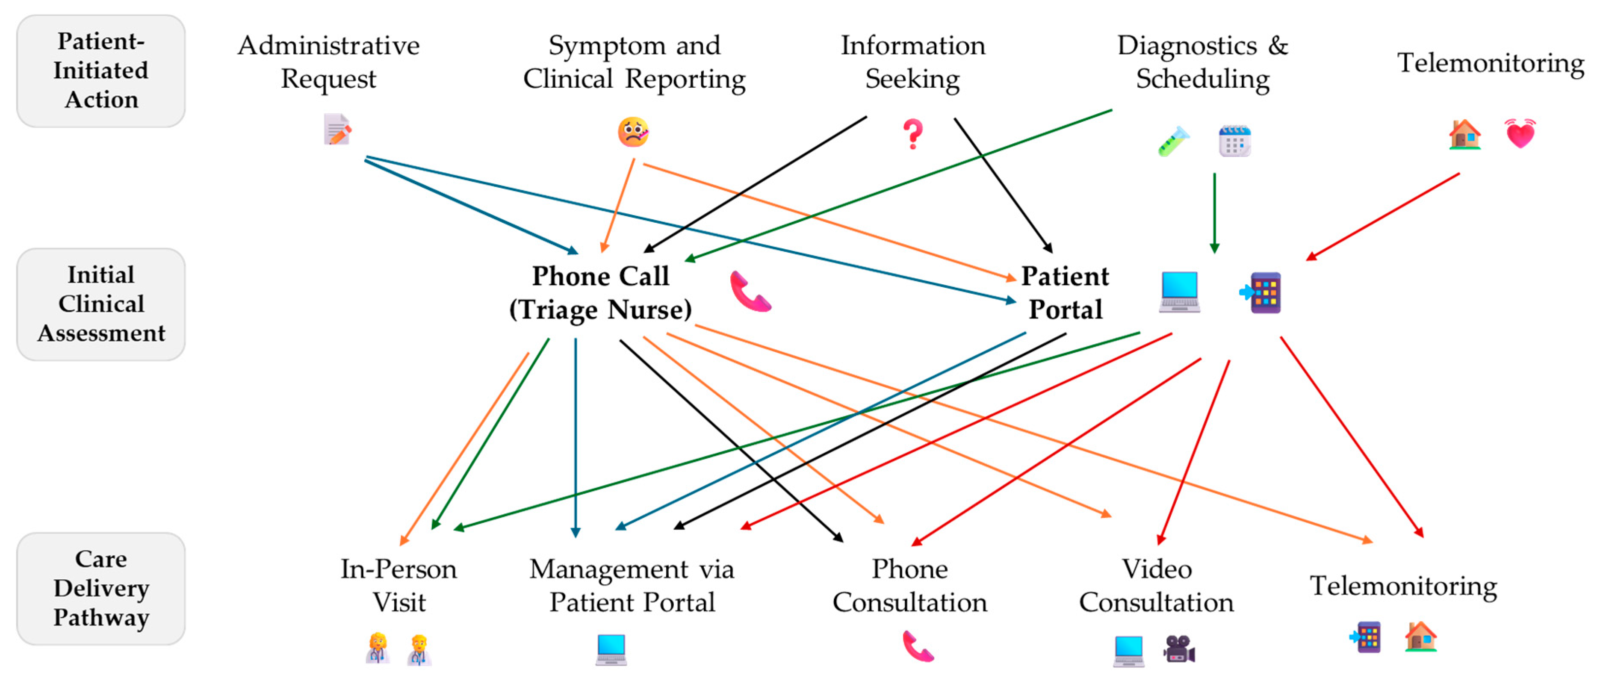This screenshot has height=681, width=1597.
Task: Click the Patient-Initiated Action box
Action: coord(100,71)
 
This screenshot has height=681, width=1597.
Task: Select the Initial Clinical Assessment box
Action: coord(100,304)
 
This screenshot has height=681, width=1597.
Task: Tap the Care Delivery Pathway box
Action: coord(100,588)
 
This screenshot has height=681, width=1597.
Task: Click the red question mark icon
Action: coord(912,134)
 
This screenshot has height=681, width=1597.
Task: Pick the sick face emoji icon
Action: coord(633,132)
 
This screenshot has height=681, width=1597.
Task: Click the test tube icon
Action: coord(1174,141)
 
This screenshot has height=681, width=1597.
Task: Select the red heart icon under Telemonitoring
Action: coord(1520,133)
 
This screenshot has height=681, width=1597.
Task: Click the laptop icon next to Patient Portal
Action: coord(1179,291)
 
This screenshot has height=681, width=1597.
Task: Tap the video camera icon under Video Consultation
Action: coord(1178,649)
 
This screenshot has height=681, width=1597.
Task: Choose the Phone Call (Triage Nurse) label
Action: coord(600,292)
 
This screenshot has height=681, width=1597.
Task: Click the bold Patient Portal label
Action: coord(1065,292)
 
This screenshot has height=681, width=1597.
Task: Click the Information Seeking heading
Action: coord(912,62)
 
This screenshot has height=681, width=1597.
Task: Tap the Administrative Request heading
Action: coord(328,62)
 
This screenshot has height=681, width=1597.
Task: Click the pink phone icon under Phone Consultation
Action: coord(918,646)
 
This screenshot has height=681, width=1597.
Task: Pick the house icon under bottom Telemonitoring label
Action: coord(1420,637)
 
